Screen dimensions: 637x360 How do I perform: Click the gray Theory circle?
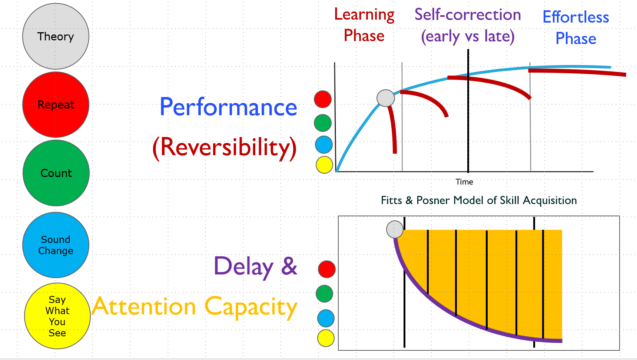tap(56, 36)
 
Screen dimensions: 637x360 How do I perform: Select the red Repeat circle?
tap(56, 105)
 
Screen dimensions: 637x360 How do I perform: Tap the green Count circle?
tap(56, 173)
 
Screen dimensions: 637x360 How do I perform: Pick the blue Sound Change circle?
tap(56, 245)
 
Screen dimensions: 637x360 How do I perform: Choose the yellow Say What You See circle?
tap(57, 316)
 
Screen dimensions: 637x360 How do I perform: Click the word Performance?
tap(228, 107)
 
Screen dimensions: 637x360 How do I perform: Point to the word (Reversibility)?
tap(225, 147)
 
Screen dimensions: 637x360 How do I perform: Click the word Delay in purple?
tap(243, 267)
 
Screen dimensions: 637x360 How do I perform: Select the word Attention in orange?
tap(144, 307)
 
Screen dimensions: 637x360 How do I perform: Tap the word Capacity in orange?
tap(251, 307)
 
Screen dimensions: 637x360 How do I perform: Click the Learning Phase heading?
tap(364, 25)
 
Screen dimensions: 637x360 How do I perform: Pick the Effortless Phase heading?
tap(576, 28)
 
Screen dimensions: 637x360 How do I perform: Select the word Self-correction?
tap(468, 15)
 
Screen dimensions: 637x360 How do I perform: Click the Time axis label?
tap(464, 182)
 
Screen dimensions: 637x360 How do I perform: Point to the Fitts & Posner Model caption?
tap(479, 200)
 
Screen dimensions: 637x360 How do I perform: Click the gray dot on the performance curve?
tap(386, 98)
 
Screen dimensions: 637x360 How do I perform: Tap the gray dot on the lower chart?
tap(395, 229)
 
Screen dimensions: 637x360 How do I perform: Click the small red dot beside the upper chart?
tap(323, 99)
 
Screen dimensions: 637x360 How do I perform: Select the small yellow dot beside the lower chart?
tap(326, 338)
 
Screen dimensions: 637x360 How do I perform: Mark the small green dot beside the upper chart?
tap(323, 123)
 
